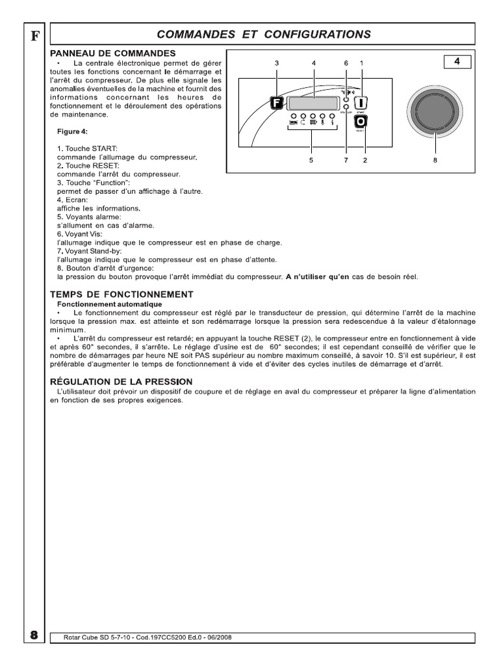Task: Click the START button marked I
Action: pos(361,102)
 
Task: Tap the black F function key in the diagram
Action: pos(275,102)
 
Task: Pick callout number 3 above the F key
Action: pos(276,63)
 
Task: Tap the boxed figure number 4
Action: pos(457,62)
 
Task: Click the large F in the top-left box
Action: pos(35,36)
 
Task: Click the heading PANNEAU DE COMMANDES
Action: pos(112,53)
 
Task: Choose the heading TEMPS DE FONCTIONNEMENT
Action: pos(122,294)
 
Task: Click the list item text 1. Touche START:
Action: pos(87,149)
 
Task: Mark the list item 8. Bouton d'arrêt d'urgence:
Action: pos(105,268)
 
